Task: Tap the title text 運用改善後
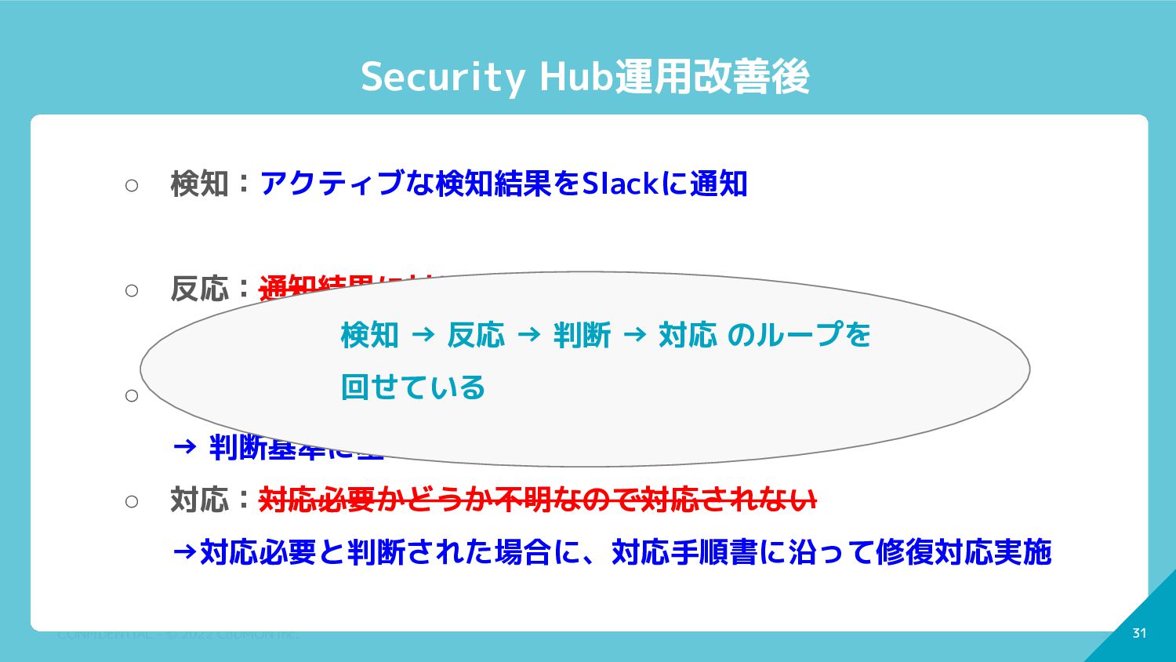712,77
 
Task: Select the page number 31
1139,633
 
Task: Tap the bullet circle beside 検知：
132,185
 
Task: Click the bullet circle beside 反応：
132,290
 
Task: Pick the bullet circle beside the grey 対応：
132,501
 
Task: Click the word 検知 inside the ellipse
369,335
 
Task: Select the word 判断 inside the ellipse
582,335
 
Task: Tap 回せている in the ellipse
413,387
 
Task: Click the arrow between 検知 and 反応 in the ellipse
423,335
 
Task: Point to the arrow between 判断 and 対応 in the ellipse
634,335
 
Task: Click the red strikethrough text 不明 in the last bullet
532,500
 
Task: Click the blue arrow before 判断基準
184,447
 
